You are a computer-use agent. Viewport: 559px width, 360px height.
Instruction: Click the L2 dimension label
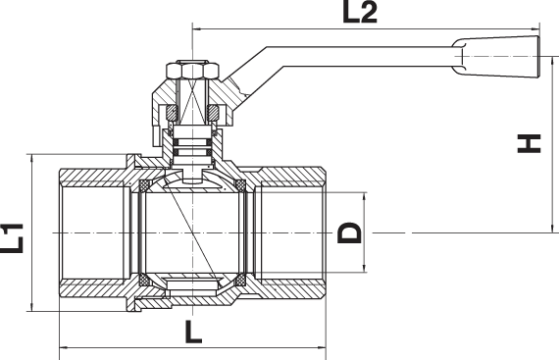(359, 12)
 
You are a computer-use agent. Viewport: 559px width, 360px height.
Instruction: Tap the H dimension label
(529, 143)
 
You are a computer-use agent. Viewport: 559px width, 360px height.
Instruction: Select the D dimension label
(349, 232)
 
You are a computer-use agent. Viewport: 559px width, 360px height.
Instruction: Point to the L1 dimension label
(12, 238)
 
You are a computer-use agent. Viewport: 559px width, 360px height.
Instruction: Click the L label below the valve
(193, 332)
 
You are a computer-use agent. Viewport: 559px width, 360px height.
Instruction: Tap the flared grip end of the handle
(496, 57)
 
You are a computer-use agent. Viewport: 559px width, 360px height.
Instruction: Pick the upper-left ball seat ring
(144, 185)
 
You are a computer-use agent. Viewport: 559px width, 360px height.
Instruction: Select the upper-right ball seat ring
(241, 185)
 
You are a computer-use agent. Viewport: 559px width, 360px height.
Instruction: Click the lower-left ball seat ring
(144, 280)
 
